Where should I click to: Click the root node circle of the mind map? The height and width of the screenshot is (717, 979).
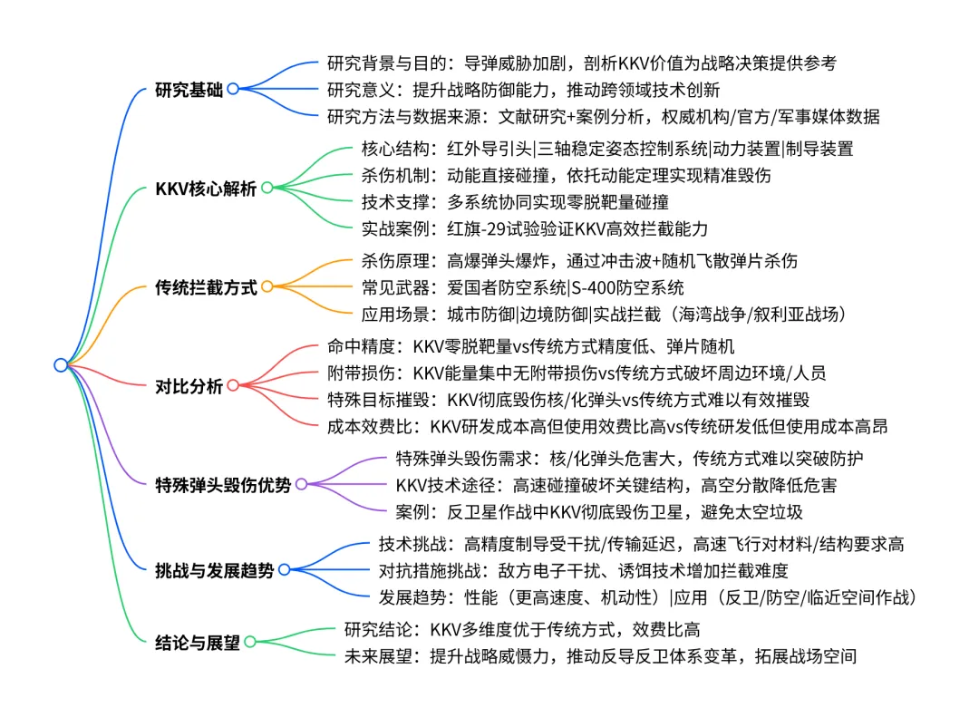pos(61,364)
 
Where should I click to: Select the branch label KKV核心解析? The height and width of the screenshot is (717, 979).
pos(206,189)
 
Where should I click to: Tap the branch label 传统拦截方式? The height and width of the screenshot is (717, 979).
pos(206,287)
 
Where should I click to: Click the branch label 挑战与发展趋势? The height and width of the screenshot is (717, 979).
pos(215,569)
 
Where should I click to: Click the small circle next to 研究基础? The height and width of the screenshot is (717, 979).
pos(233,89)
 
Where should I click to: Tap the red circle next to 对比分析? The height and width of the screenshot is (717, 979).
pos(233,386)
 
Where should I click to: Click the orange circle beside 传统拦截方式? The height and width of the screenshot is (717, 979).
pos(267,287)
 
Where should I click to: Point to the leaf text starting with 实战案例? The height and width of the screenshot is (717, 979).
pos(534,228)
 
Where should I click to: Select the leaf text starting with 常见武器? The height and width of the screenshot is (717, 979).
pos(522,287)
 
